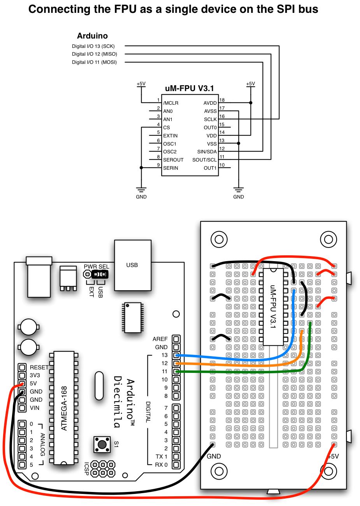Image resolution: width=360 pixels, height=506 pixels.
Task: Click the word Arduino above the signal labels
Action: [x=92, y=36]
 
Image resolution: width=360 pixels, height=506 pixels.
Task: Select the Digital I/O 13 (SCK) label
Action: [x=93, y=46]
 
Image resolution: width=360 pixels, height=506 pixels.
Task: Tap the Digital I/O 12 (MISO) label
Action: [x=95, y=54]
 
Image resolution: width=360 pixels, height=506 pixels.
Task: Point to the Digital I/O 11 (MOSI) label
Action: [x=94, y=62]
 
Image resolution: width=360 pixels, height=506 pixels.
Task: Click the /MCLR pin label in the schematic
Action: [x=171, y=103]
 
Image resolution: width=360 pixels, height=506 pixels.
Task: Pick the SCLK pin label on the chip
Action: [x=210, y=119]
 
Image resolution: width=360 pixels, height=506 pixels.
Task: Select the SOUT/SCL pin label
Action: [x=204, y=160]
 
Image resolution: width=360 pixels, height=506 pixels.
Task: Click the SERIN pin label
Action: [x=170, y=168]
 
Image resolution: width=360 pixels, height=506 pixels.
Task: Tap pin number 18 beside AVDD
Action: [x=222, y=100]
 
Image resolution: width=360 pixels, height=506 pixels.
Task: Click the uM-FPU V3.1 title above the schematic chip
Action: [x=190, y=89]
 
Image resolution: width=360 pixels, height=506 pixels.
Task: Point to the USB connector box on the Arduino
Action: [x=132, y=265]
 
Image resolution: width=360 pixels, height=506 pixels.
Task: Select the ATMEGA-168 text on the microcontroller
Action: [x=64, y=408]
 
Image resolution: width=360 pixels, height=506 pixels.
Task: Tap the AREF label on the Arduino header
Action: [x=160, y=339]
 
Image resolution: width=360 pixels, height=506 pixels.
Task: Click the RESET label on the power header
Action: [x=39, y=367]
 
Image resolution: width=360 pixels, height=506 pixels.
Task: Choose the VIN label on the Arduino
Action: [x=35, y=408]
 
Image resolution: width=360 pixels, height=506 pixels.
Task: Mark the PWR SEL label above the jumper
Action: [x=97, y=267]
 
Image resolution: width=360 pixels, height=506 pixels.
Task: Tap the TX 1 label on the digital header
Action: [x=161, y=457]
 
